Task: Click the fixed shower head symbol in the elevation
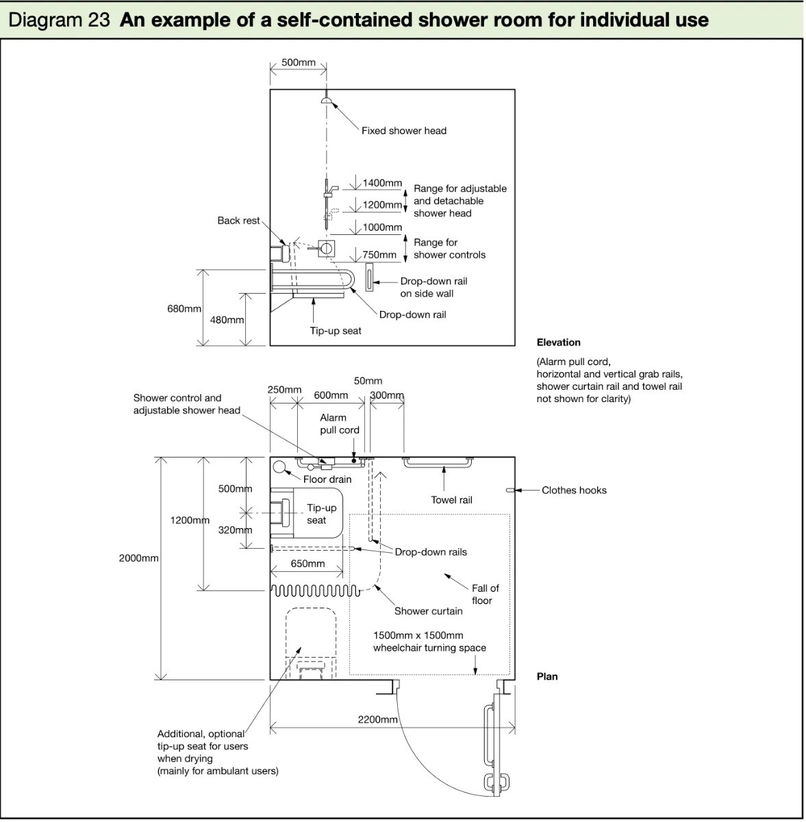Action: (327, 100)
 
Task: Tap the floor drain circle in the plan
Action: (280, 467)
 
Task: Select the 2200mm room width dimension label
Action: (377, 720)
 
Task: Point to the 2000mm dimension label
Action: (138, 558)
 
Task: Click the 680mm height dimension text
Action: (184, 308)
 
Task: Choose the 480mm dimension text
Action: (227, 319)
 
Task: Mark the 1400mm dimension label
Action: (382, 183)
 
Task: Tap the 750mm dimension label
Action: (379, 255)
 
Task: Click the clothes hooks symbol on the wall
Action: (510, 490)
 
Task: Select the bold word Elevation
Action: (559, 342)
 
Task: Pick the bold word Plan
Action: (547, 677)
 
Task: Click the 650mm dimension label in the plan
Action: (307, 564)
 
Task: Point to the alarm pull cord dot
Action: (353, 461)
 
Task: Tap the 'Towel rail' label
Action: (451, 500)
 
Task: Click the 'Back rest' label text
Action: (238, 221)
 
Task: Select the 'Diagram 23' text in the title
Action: (60, 20)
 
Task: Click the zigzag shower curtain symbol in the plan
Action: (316, 590)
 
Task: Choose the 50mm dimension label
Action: (368, 381)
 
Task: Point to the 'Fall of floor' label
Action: (484, 594)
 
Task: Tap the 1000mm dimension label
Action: (382, 227)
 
